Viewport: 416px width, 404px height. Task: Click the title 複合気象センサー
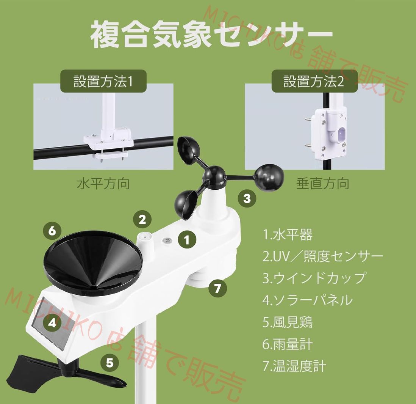[x=211, y=35]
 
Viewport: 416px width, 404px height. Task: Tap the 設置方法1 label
[x=103, y=81]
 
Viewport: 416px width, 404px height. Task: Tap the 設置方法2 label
[x=314, y=81]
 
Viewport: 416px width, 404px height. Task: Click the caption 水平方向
[x=103, y=184]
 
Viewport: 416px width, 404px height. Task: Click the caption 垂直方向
[x=322, y=184]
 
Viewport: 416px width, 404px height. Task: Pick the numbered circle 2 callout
[x=142, y=219]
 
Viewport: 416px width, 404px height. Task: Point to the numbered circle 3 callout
[x=247, y=198]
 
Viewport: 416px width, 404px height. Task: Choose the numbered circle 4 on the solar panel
[x=52, y=323]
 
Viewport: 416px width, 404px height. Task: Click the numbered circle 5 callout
[x=109, y=363]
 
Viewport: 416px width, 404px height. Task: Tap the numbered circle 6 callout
[x=52, y=230]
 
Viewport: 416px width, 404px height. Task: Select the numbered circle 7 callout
[x=217, y=289]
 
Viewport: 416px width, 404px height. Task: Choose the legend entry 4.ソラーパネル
[x=307, y=300]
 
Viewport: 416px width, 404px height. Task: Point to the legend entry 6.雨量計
[x=288, y=344]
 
